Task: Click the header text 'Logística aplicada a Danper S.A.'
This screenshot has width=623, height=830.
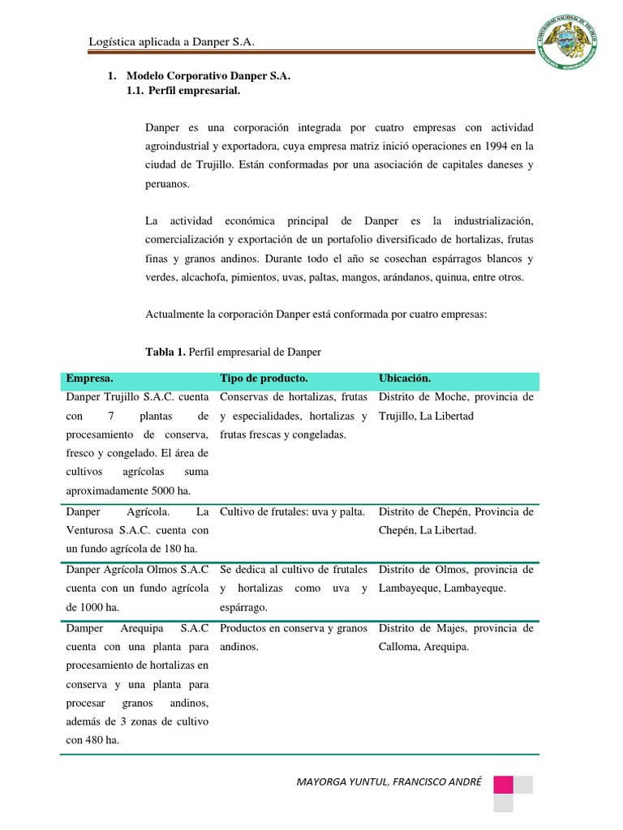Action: click(175, 43)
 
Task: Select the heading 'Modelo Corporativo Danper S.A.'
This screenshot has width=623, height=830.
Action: click(208, 75)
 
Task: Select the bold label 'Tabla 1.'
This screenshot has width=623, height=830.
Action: click(165, 352)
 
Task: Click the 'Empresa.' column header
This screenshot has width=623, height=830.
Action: click(90, 379)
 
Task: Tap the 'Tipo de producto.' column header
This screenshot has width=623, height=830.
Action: click(264, 379)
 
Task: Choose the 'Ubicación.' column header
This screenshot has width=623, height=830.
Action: click(405, 379)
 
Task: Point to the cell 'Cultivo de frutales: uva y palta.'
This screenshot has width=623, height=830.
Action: click(292, 511)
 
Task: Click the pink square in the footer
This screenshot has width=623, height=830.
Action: click(503, 785)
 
